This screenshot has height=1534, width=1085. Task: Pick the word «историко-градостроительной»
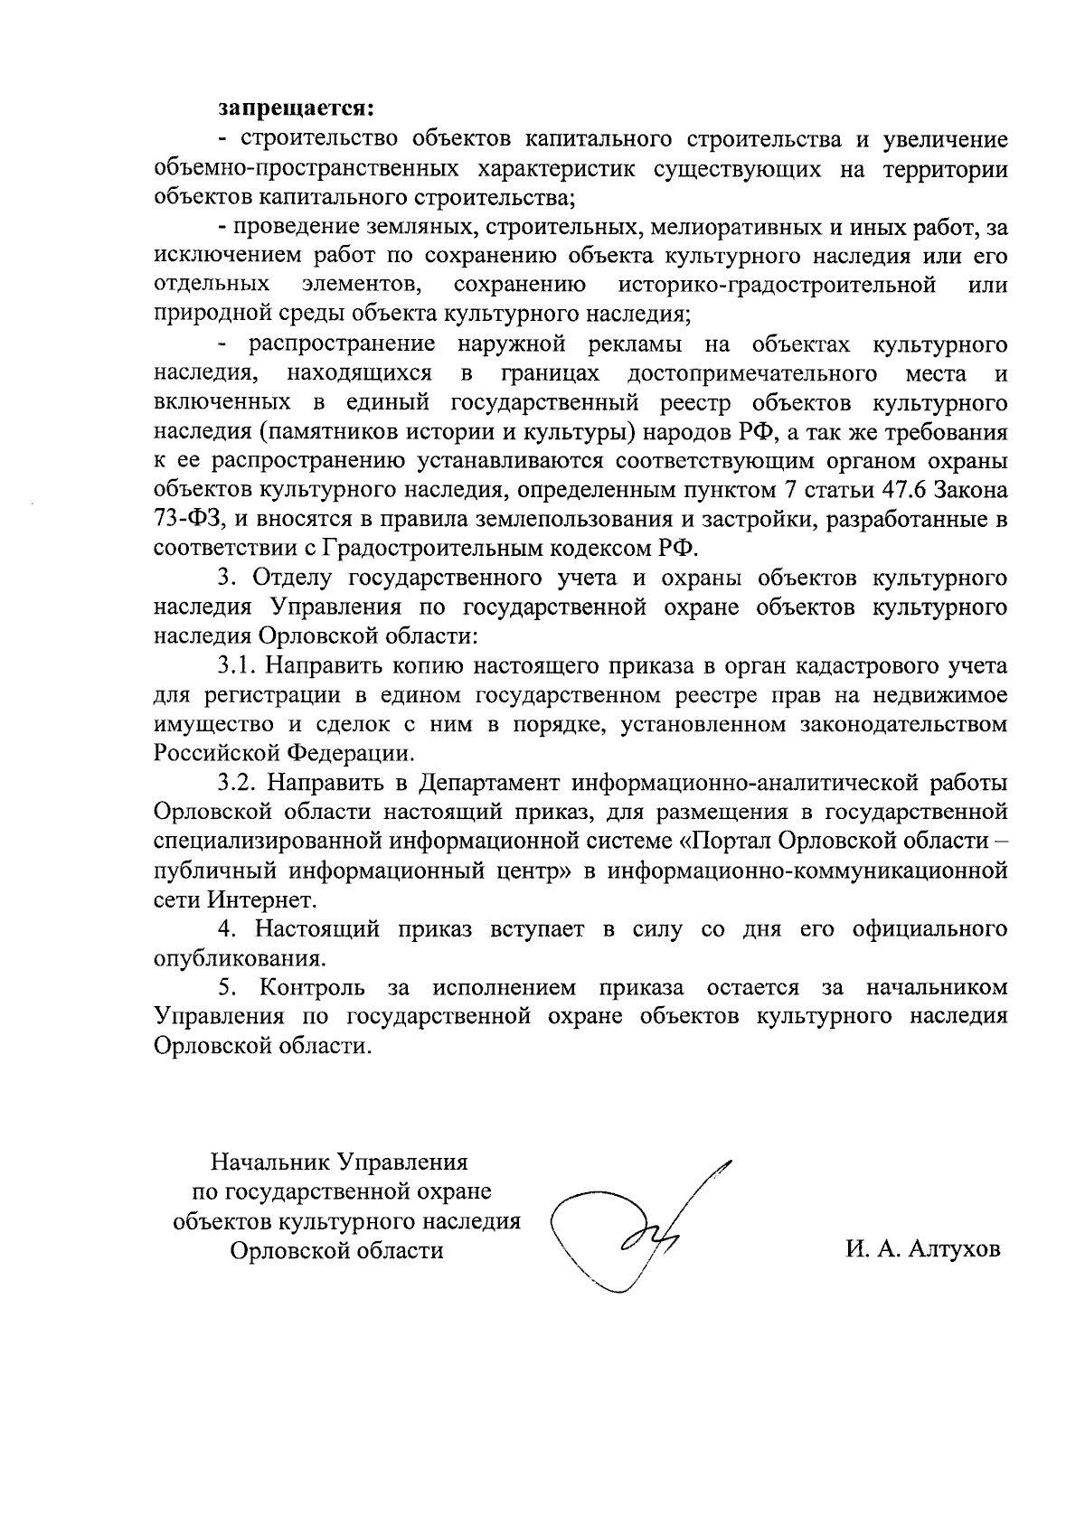coord(777,285)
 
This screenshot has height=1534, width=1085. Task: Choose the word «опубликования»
coord(238,958)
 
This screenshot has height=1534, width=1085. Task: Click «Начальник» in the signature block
coord(269,1161)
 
